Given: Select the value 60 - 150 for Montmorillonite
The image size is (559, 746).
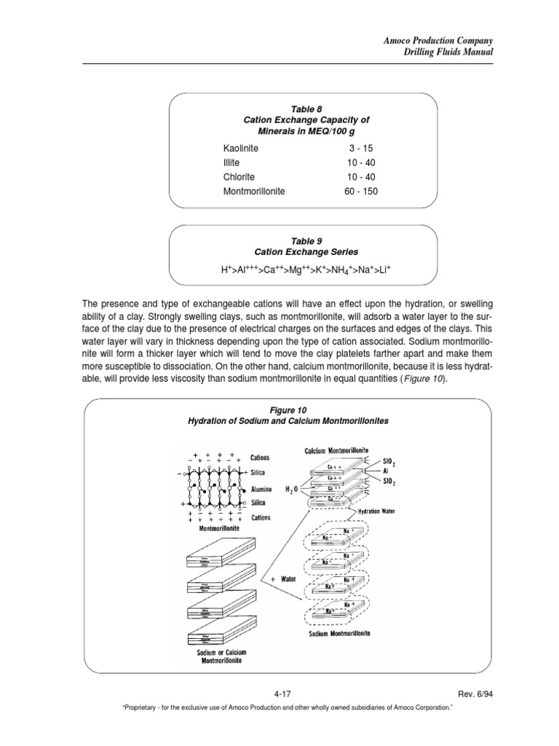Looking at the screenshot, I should [x=362, y=192].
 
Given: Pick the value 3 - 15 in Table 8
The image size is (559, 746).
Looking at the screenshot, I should [x=362, y=148].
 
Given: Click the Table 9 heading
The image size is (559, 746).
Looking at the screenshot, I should [x=304, y=240].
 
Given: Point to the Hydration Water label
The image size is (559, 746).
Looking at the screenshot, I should [x=378, y=512].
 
